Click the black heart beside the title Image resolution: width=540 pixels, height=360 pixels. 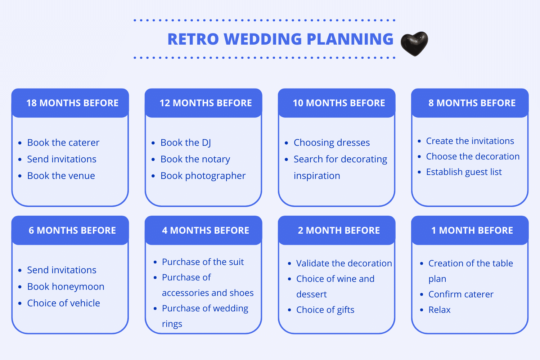(x=414, y=44)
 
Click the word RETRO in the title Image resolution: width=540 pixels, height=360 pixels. (x=193, y=39)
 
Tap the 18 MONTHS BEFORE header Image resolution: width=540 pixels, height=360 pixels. (x=72, y=103)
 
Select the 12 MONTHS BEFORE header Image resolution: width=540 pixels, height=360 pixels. (x=206, y=103)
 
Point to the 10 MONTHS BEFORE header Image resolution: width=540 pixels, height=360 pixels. (x=339, y=103)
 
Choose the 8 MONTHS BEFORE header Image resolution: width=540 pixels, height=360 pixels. (x=472, y=103)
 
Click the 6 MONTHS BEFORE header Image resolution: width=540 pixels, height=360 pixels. (x=72, y=230)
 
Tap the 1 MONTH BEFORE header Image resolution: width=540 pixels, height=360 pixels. (x=472, y=230)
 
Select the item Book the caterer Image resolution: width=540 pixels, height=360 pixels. (x=63, y=143)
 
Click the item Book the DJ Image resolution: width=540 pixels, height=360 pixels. (x=186, y=143)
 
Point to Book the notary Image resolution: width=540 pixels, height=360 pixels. (x=195, y=159)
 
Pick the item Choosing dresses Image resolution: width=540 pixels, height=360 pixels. (x=332, y=143)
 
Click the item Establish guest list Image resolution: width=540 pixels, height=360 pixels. (x=464, y=172)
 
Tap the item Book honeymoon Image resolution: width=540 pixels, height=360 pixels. (x=66, y=287)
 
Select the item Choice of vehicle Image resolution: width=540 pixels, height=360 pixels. (x=64, y=303)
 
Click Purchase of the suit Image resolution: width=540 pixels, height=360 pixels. (x=203, y=262)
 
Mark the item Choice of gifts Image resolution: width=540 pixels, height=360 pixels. (x=325, y=310)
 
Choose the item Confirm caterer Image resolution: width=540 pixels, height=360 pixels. (x=461, y=294)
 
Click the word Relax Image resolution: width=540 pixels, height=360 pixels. (x=439, y=310)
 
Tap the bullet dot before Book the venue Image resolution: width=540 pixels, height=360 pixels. (x=20, y=176)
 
